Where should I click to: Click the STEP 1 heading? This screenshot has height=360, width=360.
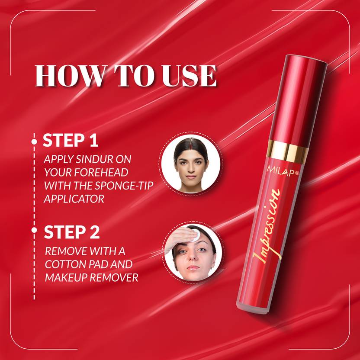pos(71,140)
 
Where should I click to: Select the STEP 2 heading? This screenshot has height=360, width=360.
pos(72,232)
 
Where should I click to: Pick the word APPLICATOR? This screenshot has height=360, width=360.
pos(74,199)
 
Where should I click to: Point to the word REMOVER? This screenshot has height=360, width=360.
pos(114,278)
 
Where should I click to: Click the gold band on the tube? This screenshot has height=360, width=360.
pos(288,151)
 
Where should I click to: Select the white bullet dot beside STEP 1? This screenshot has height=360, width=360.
pos(34,141)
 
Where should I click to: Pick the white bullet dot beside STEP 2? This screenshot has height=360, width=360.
pos(34,230)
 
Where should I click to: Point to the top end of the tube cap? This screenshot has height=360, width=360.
pos(306,58)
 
